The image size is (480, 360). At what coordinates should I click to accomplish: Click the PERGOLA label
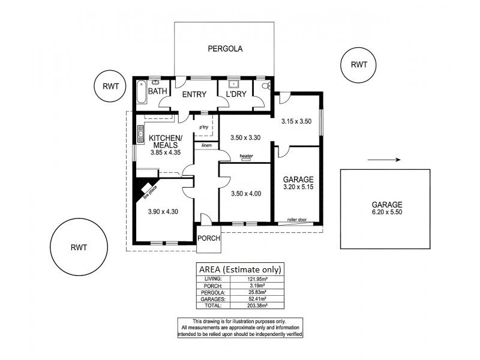pyautogui.click(x=225, y=49)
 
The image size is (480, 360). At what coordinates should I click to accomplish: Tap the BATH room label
pyautogui.click(x=158, y=92)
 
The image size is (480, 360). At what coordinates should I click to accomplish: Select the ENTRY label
pyautogui.click(x=194, y=94)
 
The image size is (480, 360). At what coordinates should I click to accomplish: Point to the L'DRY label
pyautogui.click(x=234, y=94)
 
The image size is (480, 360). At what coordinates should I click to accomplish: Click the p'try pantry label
pyautogui.click(x=205, y=127)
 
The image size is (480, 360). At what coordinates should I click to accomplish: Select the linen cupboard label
pyautogui.click(x=206, y=145)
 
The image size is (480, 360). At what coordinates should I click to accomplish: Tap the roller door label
pyautogui.click(x=297, y=220)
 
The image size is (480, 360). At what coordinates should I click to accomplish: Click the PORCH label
pyautogui.click(x=209, y=238)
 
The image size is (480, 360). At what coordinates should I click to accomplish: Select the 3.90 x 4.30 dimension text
pyautogui.click(x=163, y=211)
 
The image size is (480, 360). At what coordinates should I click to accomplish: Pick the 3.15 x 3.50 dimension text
pyautogui.click(x=297, y=122)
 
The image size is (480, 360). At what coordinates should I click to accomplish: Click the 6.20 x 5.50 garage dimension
pyautogui.click(x=386, y=212)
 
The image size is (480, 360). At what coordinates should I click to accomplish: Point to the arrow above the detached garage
pyautogui.click(x=383, y=160)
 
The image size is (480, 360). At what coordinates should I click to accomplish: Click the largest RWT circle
pyautogui.click(x=79, y=247)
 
